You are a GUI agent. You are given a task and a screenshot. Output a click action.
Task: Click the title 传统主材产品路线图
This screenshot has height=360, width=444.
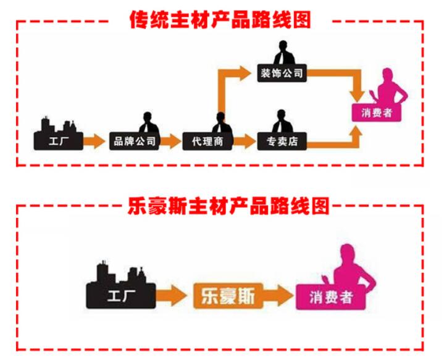(220, 19)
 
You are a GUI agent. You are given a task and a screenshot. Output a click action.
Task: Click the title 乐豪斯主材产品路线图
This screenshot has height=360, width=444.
(227, 204)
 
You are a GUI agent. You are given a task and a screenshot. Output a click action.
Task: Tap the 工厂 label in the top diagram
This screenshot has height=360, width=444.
(59, 141)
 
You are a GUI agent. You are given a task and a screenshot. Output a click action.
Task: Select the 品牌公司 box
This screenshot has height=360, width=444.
(135, 141)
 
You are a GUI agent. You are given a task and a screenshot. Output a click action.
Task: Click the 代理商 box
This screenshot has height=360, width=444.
(207, 141)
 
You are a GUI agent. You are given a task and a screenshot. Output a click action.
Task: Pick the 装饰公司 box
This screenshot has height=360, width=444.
(281, 73)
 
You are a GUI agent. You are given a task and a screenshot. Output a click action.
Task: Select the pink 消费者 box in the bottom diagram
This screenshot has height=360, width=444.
(331, 297)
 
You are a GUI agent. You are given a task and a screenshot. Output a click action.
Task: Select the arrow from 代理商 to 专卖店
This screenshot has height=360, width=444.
(245, 141)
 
